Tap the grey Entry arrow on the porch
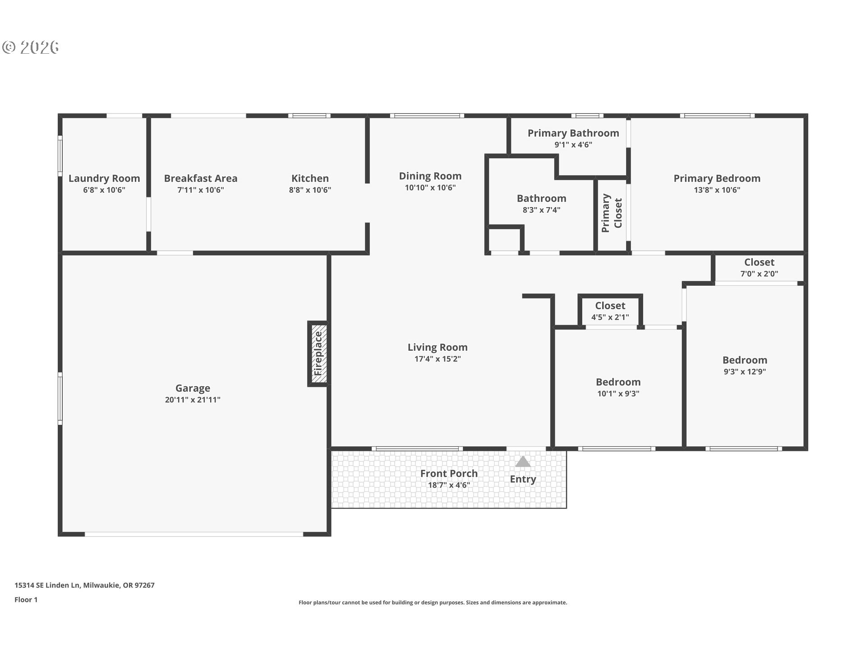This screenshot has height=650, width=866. (523, 461)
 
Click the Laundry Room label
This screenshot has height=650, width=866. (104, 178)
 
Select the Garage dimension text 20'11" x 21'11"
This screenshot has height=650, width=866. (193, 399)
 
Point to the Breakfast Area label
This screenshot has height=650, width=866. (201, 178)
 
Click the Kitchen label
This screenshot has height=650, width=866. (310, 178)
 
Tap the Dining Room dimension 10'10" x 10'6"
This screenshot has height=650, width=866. (430, 187)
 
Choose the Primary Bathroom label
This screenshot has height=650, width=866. (573, 133)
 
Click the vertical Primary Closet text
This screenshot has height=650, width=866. (612, 213)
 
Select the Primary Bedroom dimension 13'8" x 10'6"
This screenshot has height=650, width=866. (717, 190)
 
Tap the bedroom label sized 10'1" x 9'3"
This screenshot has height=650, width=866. (618, 382)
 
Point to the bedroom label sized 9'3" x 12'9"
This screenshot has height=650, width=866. (745, 360)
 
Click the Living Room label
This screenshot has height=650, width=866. (438, 347)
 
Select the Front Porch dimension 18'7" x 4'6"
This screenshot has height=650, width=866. (449, 485)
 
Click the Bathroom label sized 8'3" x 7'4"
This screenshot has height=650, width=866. (541, 199)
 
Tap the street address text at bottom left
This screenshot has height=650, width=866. (84, 585)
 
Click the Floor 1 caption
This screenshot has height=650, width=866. (26, 600)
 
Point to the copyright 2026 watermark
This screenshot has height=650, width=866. (31, 47)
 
